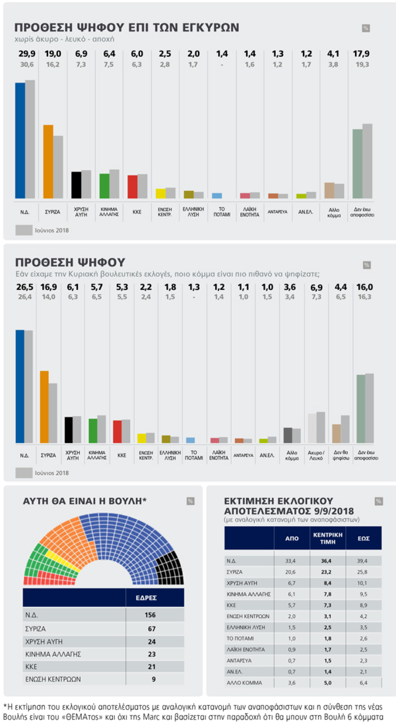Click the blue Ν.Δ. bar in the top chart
[20, 140]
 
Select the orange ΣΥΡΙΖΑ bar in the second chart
[44, 407]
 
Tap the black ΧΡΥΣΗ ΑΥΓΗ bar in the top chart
[76, 185]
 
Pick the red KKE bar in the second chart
[117, 432]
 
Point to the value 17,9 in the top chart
[361, 54]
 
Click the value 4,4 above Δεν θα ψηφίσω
[341, 287]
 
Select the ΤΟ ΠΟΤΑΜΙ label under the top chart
[221, 212]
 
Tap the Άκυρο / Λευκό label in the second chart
[316, 455]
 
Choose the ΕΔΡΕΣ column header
[146, 598]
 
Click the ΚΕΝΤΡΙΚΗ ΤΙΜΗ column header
[328, 538]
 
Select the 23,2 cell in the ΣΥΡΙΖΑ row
[327, 572]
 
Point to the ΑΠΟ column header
[292, 538]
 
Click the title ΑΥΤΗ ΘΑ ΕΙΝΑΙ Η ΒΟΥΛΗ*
[85, 501]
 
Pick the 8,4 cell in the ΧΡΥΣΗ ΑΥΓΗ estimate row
[327, 583]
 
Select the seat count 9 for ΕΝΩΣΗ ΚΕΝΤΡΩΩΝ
[153, 679]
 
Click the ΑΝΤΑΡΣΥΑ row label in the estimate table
[239, 660]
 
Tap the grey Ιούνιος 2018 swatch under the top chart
[24, 230]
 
